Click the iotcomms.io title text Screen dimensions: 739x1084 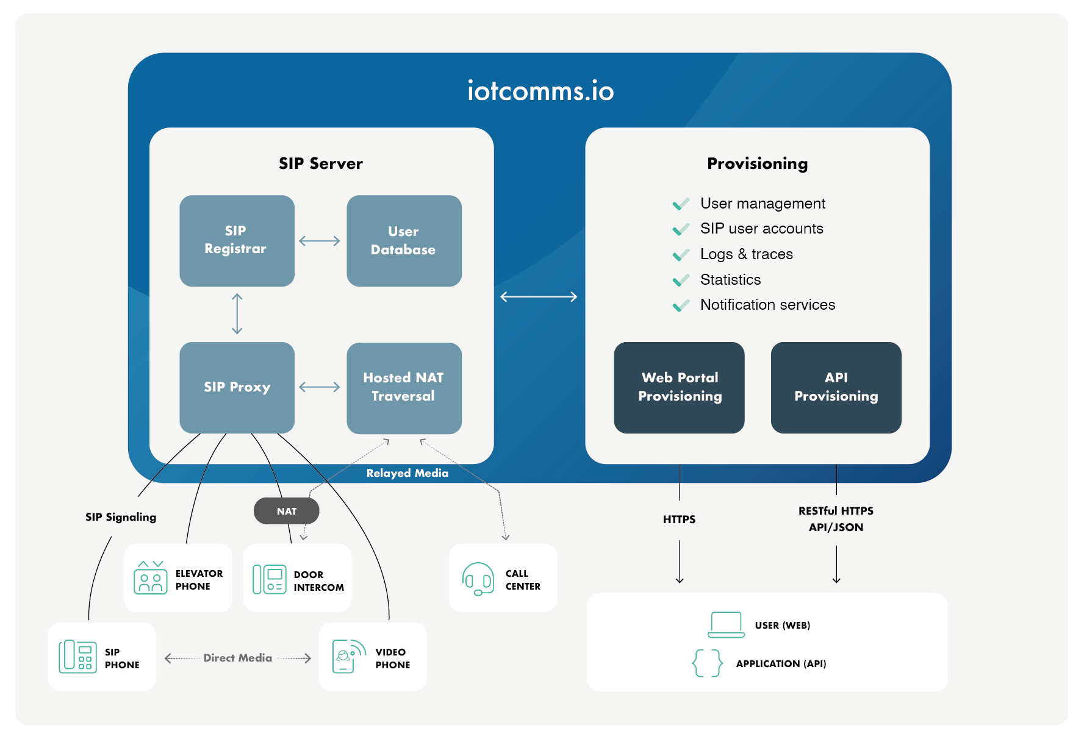[540, 91]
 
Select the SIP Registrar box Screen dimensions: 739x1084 [237, 240]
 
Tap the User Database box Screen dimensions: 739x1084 [404, 240]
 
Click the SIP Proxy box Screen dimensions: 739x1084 [237, 387]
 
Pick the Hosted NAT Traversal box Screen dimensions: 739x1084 [404, 387]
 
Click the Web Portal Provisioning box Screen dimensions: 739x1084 [679, 387]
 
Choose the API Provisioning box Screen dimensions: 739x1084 [836, 387]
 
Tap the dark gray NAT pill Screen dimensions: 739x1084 [286, 511]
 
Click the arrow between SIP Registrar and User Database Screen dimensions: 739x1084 [320, 241]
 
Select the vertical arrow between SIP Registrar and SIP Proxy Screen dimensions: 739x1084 [237, 314]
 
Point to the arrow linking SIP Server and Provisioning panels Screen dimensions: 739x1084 [539, 297]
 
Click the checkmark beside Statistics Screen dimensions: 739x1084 [681, 280]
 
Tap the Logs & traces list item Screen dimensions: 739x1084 [746, 254]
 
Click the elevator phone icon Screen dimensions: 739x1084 [150, 578]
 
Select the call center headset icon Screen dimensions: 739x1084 [478, 579]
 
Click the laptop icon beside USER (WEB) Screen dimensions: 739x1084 [726, 625]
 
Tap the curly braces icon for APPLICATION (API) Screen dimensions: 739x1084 [707, 663]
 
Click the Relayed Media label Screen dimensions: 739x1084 [407, 473]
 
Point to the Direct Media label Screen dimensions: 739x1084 [237, 658]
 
